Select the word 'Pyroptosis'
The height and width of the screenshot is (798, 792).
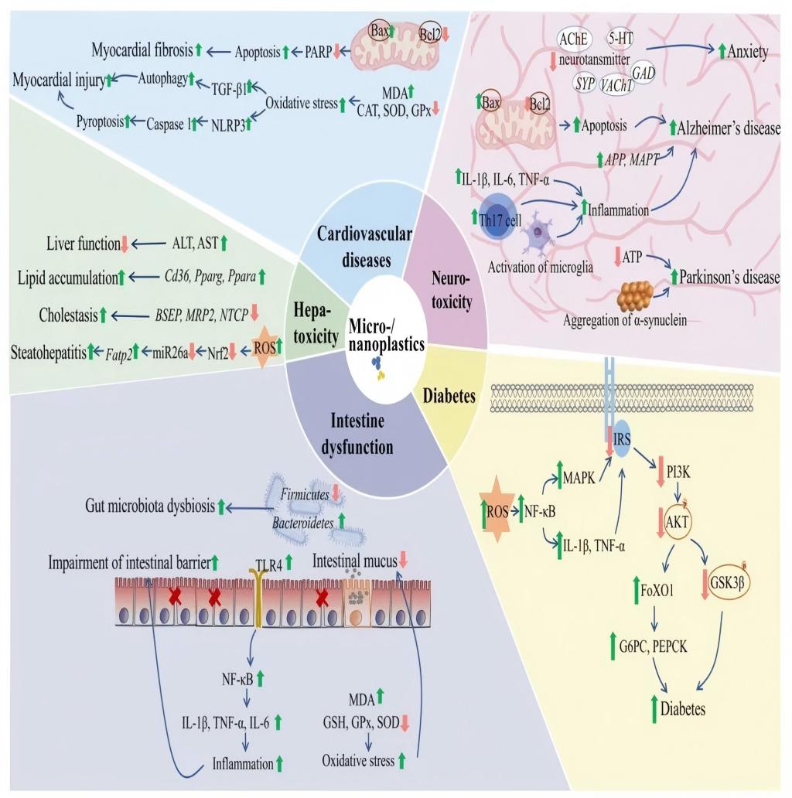[100, 121]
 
